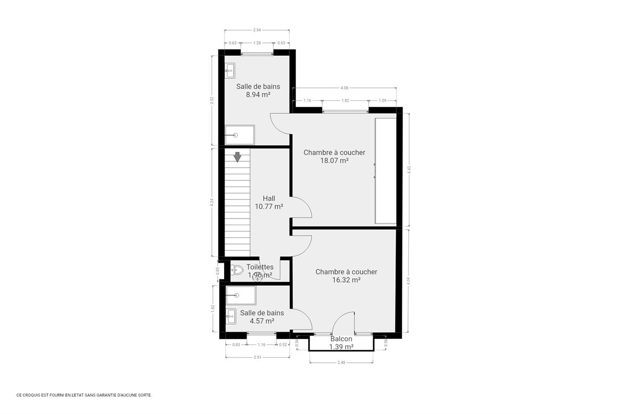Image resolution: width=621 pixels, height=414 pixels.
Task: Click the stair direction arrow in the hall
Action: click(237, 157)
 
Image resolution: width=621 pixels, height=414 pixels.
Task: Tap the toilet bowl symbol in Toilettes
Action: click(237, 270)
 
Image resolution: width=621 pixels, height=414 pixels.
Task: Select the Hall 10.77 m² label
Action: click(269, 203)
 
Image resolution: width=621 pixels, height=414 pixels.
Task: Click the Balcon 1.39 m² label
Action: click(341, 343)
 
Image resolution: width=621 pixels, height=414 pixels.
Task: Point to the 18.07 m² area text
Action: click(334, 161)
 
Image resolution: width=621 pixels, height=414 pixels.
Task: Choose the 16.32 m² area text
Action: click(346, 280)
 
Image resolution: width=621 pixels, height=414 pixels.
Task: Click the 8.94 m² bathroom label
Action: click(258, 94)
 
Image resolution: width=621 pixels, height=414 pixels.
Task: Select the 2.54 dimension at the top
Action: click(257, 30)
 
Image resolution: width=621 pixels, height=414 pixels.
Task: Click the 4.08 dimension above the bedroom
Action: click(344, 88)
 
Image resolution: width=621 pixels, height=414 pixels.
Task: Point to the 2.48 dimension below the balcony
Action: click(341, 362)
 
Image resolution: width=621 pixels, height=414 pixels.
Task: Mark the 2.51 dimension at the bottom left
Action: click(257, 357)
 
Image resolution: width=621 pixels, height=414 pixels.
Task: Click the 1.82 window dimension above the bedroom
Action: click(345, 100)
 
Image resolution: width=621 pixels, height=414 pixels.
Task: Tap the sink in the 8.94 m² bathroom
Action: click(230, 70)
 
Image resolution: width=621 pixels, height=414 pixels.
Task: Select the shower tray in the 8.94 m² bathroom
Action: click(240, 135)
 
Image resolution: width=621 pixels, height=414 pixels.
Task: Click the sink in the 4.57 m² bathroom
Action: click(231, 316)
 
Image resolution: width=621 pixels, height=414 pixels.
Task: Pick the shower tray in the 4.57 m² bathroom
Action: click(241, 295)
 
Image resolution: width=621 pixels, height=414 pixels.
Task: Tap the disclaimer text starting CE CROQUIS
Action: click(84, 395)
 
